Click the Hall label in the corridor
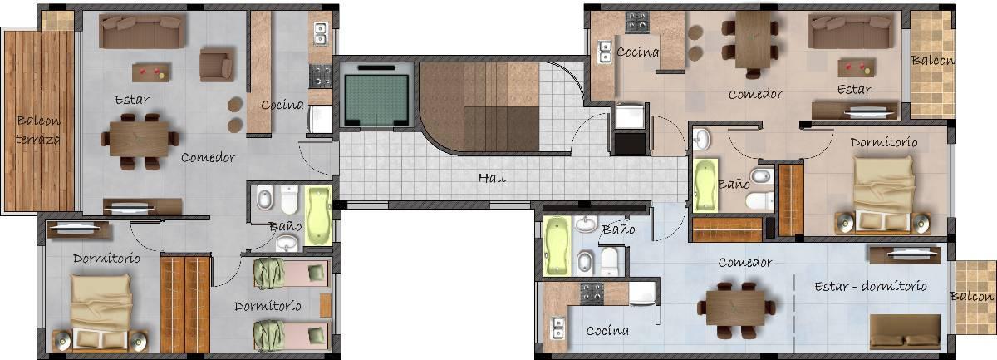pyautogui.click(x=492, y=178)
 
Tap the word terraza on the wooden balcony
pyautogui.click(x=38, y=140)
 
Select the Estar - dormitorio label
pyautogui.click(x=871, y=286)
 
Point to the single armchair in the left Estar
pyautogui.click(x=216, y=65)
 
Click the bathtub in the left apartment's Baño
pyautogui.click(x=319, y=216)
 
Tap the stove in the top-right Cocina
pyautogui.click(x=637, y=22)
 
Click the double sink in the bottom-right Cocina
pyautogui.click(x=557, y=328)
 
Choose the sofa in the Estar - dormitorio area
pyautogui.click(x=905, y=332)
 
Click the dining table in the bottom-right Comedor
pyautogui.click(x=735, y=308)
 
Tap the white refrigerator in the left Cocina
pyautogui.click(x=321, y=119)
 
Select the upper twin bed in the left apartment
pyautogui.click(x=291, y=274)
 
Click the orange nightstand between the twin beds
pyautogui.click(x=326, y=305)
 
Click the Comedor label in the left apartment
pyautogui.click(x=208, y=157)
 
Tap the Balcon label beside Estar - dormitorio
pyautogui.click(x=971, y=296)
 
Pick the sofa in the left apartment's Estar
pyautogui.click(x=140, y=30)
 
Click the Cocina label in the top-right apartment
pyautogui.click(x=637, y=52)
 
